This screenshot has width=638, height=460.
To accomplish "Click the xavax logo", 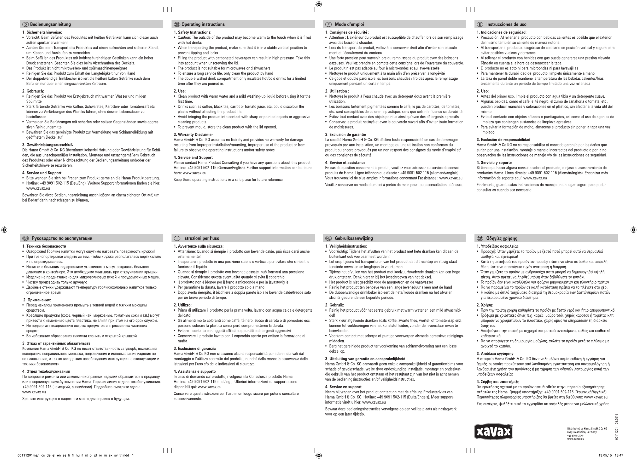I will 493,432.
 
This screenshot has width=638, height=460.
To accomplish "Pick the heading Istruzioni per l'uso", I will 201,238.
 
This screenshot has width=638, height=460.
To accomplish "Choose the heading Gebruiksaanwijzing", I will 354,238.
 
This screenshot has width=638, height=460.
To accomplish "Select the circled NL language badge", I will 328,238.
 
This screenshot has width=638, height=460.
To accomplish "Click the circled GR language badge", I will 480,238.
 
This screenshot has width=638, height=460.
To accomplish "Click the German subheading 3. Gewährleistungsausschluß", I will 48,145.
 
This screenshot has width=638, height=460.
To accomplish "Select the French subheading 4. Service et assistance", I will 345,163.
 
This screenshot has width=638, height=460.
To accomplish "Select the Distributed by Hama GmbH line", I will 587,429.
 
